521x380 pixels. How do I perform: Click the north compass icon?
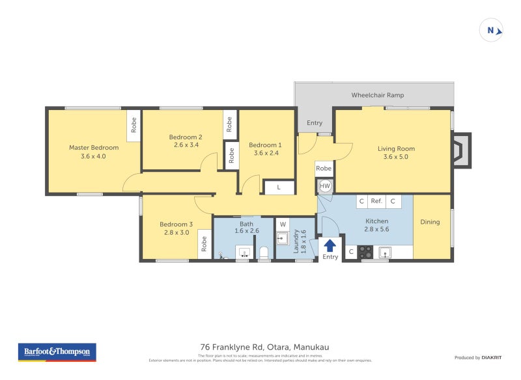[x=491, y=31]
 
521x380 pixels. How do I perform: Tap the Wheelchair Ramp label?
[x=378, y=95]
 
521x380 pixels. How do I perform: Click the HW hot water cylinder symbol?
[x=325, y=186]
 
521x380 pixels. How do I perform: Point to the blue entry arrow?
[x=330, y=245]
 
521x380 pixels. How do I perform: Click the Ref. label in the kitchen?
[x=376, y=202]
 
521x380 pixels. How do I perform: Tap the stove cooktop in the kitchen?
[x=365, y=251]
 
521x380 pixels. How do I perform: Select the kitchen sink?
[x=386, y=252]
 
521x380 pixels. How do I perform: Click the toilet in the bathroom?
[x=264, y=252]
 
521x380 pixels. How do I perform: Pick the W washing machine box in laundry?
[x=283, y=224]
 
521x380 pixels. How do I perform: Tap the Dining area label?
[x=430, y=222]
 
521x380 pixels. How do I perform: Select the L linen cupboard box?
[x=279, y=187]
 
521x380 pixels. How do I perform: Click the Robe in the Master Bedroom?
[x=134, y=124]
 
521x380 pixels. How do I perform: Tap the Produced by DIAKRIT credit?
[x=481, y=357]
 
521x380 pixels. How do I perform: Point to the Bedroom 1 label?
[x=265, y=145]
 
